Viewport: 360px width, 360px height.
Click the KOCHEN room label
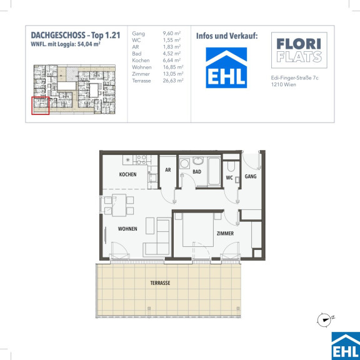click(x=127, y=174)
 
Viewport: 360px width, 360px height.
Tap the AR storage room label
click(x=168, y=170)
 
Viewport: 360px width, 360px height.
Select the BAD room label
click(x=197, y=172)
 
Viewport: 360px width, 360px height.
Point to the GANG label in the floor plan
click(x=251, y=176)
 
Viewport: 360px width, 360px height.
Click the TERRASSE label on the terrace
click(x=160, y=283)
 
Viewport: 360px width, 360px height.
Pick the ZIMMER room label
click(x=225, y=234)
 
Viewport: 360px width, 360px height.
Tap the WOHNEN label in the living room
click(x=127, y=229)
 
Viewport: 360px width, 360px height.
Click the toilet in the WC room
click(x=231, y=166)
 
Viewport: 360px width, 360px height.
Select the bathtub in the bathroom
click(x=214, y=171)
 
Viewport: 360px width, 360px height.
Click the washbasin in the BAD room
click(x=197, y=161)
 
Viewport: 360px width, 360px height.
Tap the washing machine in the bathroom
click(x=184, y=164)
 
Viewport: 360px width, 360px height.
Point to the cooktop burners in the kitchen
click(x=141, y=160)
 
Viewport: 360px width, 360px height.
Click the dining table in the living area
click(x=119, y=205)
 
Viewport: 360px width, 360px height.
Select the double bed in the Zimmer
click(x=198, y=229)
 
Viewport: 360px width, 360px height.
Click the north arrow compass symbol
click(x=324, y=319)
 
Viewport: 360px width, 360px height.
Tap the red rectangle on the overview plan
click(x=41, y=106)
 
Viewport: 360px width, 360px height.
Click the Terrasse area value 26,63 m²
click(x=173, y=81)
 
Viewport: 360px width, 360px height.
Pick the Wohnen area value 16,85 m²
click(x=173, y=67)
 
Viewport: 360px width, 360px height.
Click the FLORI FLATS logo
click(x=299, y=50)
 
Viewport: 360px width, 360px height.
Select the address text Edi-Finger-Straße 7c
click(x=294, y=78)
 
